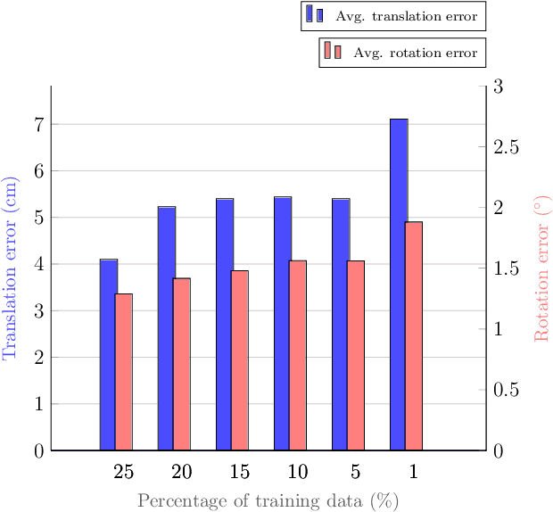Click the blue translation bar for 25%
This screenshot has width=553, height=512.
pyautogui.click(x=107, y=354)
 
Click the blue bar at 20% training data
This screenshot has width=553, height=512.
pyautogui.click(x=166, y=327)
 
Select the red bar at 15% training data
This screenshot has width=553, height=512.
pyautogui.click(x=240, y=359)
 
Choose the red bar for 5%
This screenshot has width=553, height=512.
pyautogui.click(x=356, y=355)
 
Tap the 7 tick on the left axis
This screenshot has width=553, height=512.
pyautogui.click(x=38, y=124)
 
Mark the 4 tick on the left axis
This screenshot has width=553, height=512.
pyautogui.click(x=38, y=264)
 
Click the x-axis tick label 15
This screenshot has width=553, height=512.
pyautogui.click(x=239, y=472)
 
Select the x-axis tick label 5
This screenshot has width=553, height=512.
pyautogui.click(x=356, y=472)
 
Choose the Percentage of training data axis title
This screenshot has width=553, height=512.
pyautogui.click(x=268, y=500)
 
